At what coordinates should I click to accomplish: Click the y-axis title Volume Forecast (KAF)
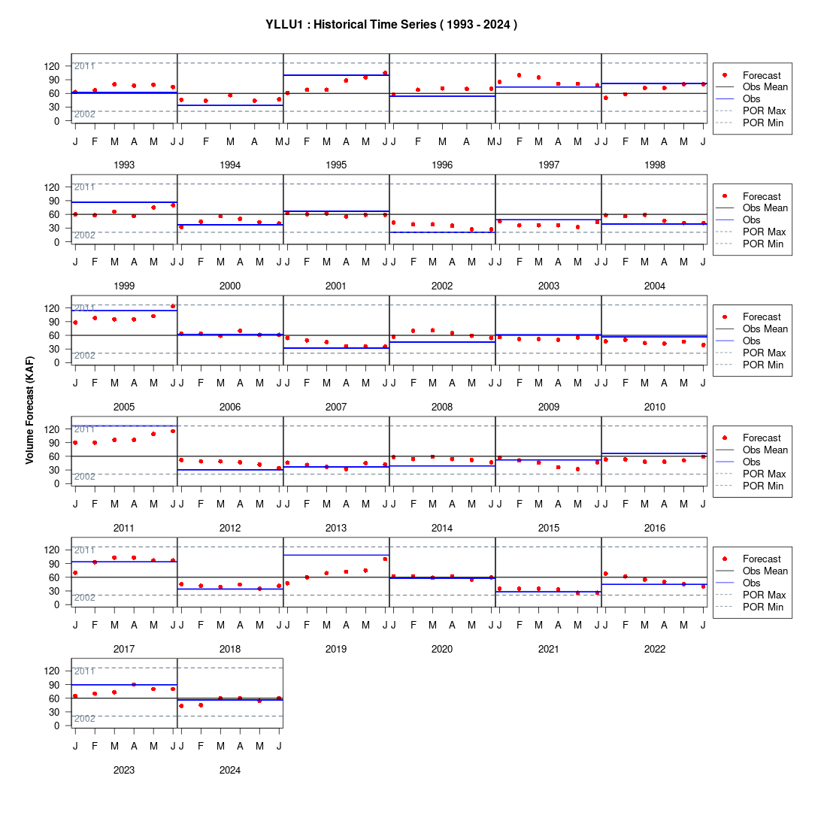tap(29, 410)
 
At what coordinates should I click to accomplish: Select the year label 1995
tap(336, 165)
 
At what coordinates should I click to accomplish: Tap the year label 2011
tap(124, 528)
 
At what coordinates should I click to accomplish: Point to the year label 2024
tap(230, 770)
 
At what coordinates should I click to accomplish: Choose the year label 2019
tap(336, 650)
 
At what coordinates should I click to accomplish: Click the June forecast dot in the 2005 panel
tap(173, 307)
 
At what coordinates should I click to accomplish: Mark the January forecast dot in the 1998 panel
tap(605, 98)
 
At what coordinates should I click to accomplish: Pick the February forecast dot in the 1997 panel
tap(519, 75)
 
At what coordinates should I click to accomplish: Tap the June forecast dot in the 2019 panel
tap(385, 559)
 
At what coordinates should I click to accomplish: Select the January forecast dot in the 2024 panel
tap(181, 706)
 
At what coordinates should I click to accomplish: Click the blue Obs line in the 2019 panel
tap(337, 556)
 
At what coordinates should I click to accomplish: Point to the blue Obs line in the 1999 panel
tap(125, 202)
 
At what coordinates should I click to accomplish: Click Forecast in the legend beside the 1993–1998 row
tap(762, 75)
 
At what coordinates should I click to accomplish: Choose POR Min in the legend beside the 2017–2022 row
tap(763, 607)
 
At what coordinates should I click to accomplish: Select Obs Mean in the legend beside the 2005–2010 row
tap(765, 329)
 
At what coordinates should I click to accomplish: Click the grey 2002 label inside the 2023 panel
tap(84, 718)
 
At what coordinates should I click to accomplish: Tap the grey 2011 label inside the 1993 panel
tap(84, 66)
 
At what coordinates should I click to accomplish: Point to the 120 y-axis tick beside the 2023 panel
tap(52, 671)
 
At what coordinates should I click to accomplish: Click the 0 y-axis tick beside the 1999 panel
tap(57, 242)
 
